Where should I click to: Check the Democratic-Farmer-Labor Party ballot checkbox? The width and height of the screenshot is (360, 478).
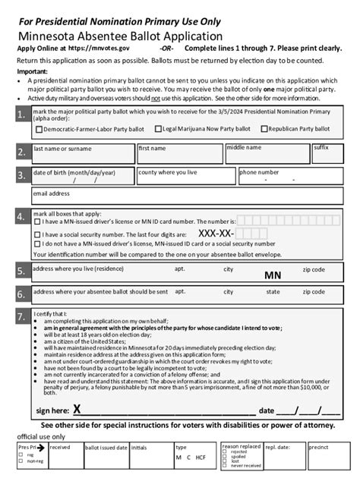[39, 130]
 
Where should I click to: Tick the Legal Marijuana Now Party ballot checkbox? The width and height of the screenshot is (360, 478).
[159, 130]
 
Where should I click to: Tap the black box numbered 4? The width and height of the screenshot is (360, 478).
[19, 217]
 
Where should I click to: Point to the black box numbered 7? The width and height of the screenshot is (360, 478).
[19, 316]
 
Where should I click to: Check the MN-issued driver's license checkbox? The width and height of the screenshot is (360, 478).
[39, 222]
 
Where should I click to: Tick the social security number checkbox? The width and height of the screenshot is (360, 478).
[39, 234]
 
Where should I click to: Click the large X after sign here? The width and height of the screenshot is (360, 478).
[77, 410]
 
